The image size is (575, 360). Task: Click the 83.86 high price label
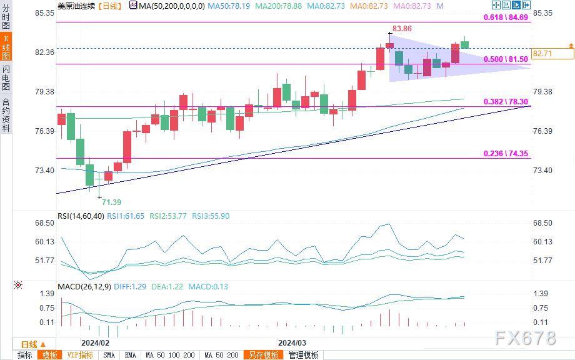pos(401,29)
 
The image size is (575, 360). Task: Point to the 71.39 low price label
pos(111,202)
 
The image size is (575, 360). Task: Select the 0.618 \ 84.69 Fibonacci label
pos(507,17)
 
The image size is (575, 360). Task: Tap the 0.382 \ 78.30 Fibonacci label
pos(507,102)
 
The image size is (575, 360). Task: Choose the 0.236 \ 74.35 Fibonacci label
pos(507,154)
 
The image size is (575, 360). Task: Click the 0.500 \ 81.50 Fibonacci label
pos(507,59)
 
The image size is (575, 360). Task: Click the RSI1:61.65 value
pos(126,216)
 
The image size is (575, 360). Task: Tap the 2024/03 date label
pos(291,343)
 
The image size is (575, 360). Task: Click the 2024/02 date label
pos(95,343)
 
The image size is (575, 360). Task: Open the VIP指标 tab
pos(80,355)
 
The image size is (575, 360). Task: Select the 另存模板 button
pos(264,355)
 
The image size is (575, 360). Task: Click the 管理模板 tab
pos(303,355)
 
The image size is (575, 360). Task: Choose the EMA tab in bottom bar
pos(131,355)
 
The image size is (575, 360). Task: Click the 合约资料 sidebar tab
pos(6,115)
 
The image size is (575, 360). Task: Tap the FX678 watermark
pos(526,338)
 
